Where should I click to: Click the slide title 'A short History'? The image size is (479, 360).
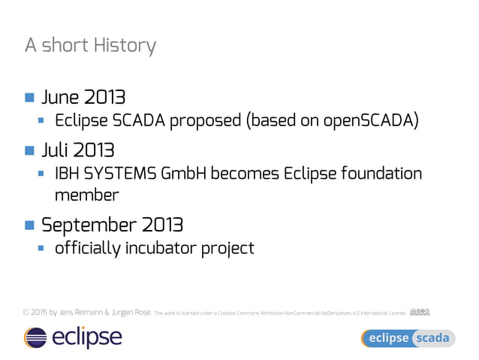[x=90, y=46]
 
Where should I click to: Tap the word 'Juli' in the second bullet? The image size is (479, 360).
[x=56, y=150]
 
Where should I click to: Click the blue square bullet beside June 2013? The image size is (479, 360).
[x=29, y=98]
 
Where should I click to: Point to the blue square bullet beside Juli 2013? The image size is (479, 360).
[x=29, y=150]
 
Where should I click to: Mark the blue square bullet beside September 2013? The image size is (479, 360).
[x=29, y=225]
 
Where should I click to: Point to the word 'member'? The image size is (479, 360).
[x=86, y=195]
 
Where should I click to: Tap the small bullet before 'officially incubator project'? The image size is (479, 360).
[x=43, y=247]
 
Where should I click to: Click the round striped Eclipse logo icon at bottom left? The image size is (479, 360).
[x=35, y=337]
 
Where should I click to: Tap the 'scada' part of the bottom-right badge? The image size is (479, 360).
[x=433, y=338]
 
